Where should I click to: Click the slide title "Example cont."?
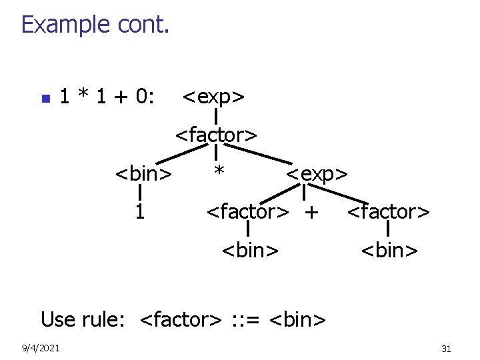(x=95, y=25)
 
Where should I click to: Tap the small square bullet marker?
(x=45, y=99)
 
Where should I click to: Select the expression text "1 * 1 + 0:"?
(x=107, y=97)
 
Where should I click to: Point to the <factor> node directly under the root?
(x=216, y=135)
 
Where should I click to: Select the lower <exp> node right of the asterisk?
(x=316, y=175)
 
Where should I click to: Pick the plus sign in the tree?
(x=311, y=213)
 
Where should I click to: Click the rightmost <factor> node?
(x=389, y=213)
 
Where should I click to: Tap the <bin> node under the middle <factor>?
(x=249, y=251)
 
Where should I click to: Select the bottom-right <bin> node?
(x=389, y=251)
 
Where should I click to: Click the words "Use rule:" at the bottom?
(x=83, y=319)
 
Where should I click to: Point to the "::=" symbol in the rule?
(x=245, y=319)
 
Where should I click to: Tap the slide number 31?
(x=446, y=349)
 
